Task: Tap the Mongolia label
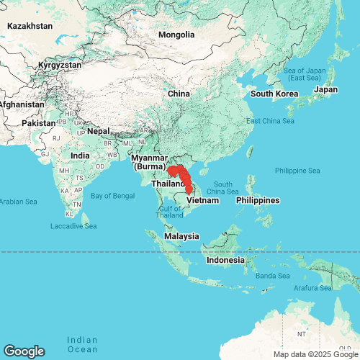[x=176, y=35]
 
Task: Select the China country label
[x=178, y=94]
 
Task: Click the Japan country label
[x=325, y=90]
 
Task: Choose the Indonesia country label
[x=226, y=260]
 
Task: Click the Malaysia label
[x=181, y=236]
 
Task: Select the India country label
[x=80, y=156]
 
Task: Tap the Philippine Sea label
[x=297, y=171]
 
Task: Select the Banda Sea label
[x=274, y=276]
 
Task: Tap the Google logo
[x=23, y=351]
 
